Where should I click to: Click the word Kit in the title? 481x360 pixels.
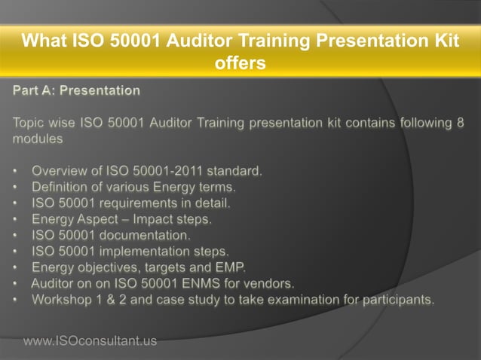pyautogui.click(x=445, y=41)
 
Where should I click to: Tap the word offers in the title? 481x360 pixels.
pyautogui.click(x=240, y=63)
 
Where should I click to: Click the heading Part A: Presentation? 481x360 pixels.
pyautogui.click(x=76, y=91)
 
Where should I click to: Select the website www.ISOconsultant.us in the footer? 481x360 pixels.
pyautogui.click(x=90, y=341)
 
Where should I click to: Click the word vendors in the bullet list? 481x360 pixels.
pyautogui.click(x=271, y=283)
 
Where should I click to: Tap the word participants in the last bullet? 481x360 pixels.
pyautogui.click(x=396, y=299)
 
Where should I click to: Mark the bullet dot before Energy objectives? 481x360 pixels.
pyautogui.click(x=16, y=267)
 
